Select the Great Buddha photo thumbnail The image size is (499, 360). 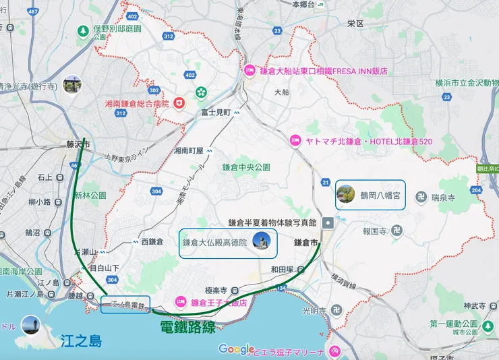click(x=261, y=241)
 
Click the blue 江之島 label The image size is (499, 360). click(x=80, y=341)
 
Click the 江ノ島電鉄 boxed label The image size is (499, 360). click(x=125, y=305)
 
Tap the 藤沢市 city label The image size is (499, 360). click(x=78, y=144)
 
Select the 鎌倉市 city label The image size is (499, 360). click(x=307, y=241)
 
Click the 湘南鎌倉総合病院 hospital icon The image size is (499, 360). click(x=179, y=103)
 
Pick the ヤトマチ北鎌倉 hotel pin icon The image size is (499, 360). click(x=295, y=140)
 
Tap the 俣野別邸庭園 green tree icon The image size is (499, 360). click(x=83, y=30)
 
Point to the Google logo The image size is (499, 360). click(x=237, y=349)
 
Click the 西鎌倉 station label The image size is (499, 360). click(x=152, y=241)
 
